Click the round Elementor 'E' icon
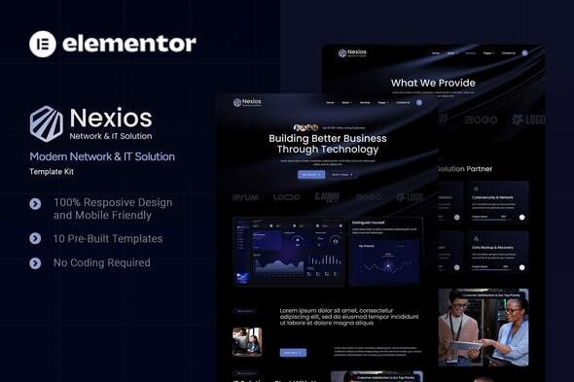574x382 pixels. tap(43, 43)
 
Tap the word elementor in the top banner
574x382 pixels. tap(129, 43)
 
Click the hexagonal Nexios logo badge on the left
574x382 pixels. tap(45, 123)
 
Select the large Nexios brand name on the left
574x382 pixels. tap(110, 118)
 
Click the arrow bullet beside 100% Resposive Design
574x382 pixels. tap(36, 203)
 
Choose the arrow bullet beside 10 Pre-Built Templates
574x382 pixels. tap(36, 238)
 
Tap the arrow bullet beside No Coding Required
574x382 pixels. tap(36, 262)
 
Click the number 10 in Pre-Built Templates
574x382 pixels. tap(60, 238)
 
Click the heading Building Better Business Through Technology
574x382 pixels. tap(327, 144)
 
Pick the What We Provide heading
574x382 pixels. tap(434, 84)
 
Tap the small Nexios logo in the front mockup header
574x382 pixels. tap(247, 102)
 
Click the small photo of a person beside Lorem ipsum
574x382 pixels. tap(247, 341)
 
